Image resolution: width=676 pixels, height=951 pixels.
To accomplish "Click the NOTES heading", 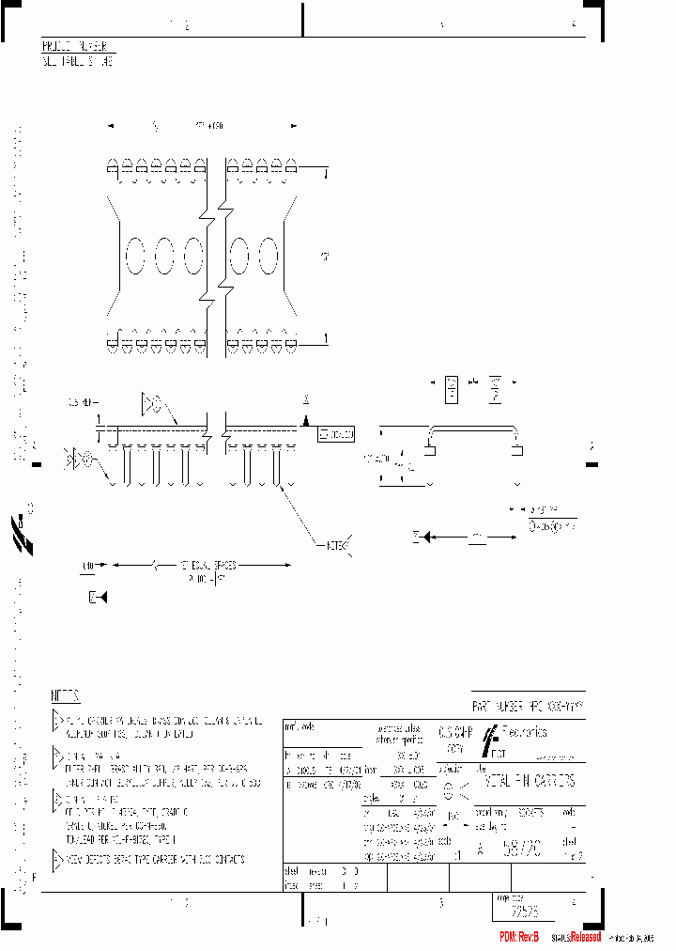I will click(65, 696).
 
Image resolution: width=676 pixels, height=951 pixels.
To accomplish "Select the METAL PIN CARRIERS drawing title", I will click(530, 781).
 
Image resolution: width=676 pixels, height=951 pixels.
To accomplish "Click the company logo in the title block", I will click(492, 740).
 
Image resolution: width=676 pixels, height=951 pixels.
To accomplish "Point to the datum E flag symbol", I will click(98, 598).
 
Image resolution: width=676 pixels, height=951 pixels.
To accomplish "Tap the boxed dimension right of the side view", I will click(336, 434).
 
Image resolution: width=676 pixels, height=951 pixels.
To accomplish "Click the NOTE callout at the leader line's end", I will click(337, 546).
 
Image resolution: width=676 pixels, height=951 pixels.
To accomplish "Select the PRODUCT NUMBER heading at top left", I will click(80, 46).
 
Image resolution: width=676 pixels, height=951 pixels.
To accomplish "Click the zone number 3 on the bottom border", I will click(439, 903).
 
